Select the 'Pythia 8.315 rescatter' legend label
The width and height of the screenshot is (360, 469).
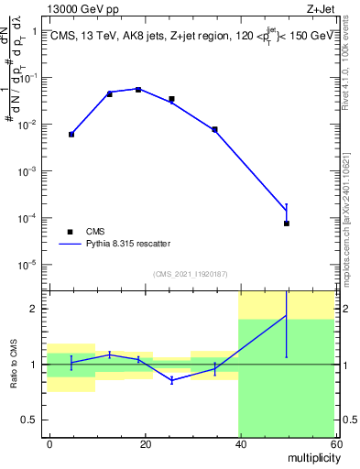tap(128, 244)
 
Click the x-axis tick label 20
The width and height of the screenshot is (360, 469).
tap(144, 442)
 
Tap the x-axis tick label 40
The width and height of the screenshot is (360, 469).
tap(238, 442)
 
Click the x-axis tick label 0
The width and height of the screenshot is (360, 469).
tap(49, 442)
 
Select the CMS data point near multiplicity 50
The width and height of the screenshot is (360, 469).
tap(287, 224)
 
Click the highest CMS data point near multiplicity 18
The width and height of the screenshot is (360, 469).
tap(138, 90)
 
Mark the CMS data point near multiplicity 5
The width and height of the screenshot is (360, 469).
tap(71, 135)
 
